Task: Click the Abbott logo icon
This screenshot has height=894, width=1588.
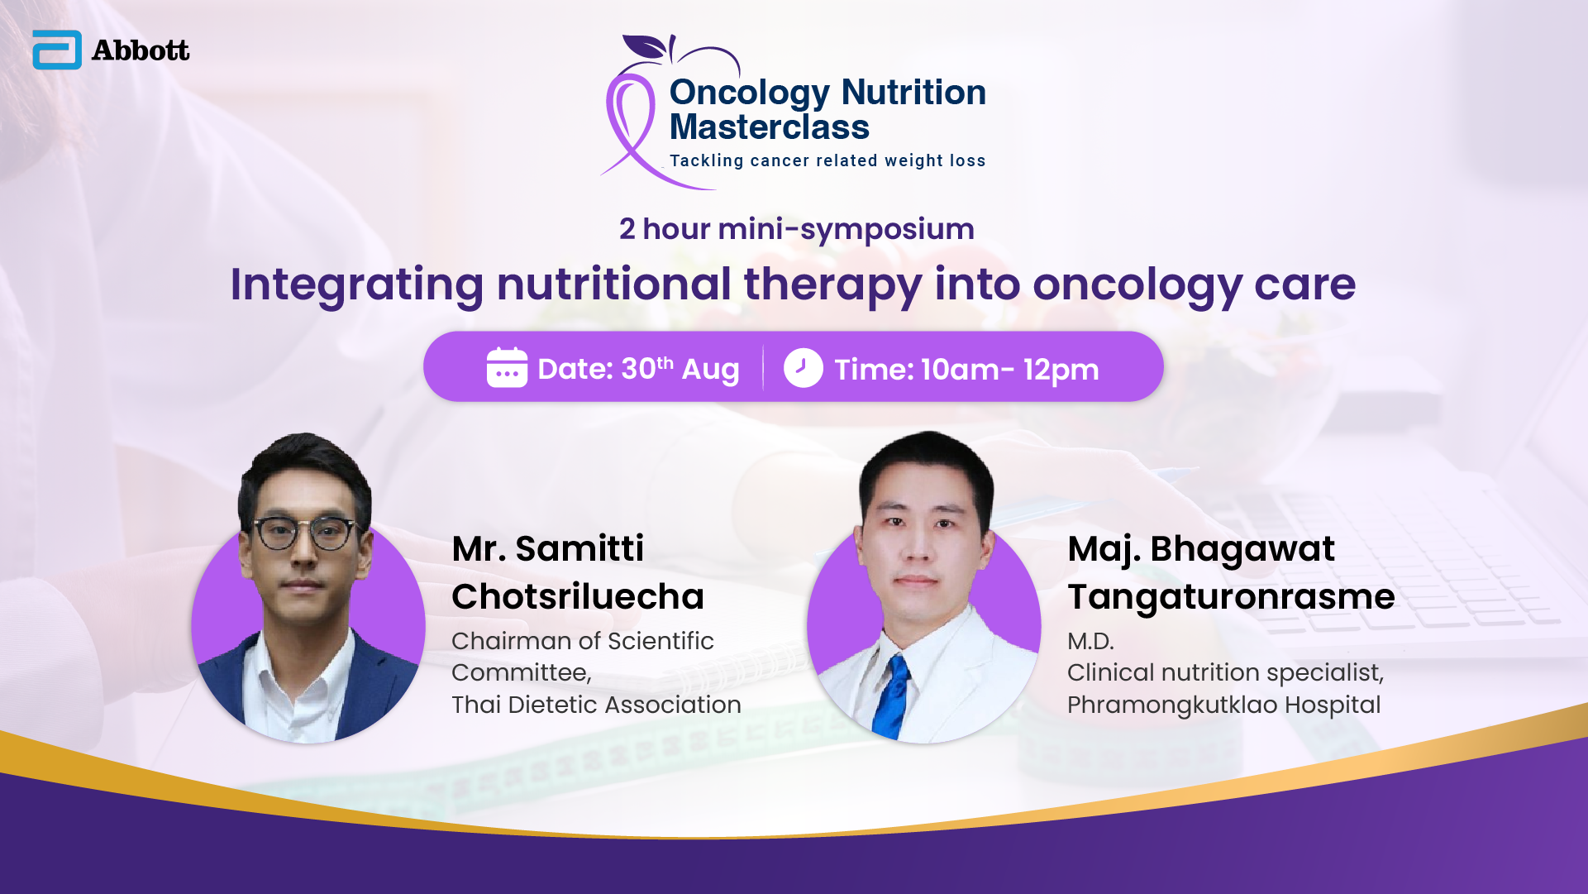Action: coord(57,50)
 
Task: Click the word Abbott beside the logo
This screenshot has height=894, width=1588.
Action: coord(141,50)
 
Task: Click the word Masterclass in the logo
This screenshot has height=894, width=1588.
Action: coord(769,127)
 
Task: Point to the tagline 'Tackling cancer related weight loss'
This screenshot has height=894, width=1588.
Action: coord(827,160)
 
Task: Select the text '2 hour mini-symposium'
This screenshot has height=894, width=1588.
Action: coord(797,229)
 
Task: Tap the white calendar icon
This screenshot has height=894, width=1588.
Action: coord(507,367)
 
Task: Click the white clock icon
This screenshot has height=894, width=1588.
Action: coord(803,368)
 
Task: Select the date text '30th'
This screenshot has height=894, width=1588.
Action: coord(647,368)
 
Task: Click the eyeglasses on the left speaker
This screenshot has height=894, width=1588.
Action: coord(304,533)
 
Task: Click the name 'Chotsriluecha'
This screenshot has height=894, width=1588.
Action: coord(578,596)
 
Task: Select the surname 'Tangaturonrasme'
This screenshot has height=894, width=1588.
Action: coord(1231,597)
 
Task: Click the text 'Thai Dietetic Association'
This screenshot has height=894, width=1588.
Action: coord(596,705)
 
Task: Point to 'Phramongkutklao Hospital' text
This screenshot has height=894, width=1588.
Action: coord(1223,705)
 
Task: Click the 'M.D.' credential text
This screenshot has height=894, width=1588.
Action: coord(1090,641)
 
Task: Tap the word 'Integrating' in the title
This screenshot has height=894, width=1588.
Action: coord(357,285)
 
